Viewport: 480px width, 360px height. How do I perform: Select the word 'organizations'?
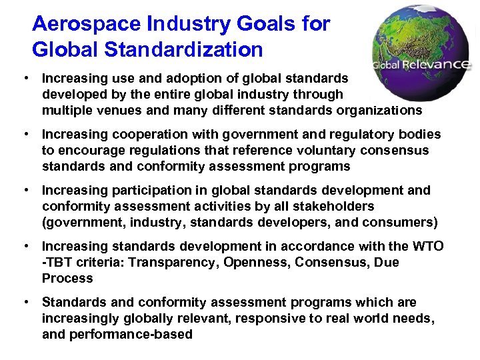tap(380, 109)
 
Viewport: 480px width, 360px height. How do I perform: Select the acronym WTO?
tap(427, 247)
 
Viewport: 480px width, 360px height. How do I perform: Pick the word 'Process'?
tap(67, 278)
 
